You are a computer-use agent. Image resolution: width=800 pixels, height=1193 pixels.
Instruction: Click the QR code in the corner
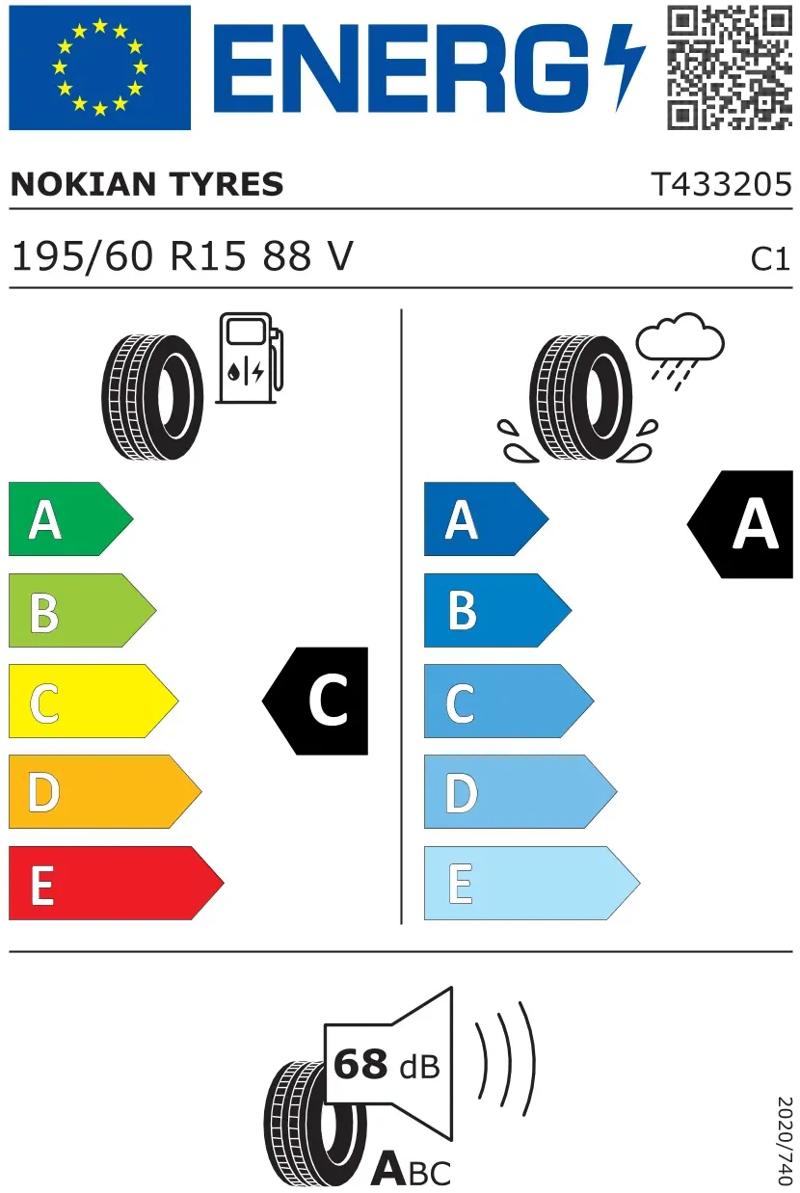pos(730,67)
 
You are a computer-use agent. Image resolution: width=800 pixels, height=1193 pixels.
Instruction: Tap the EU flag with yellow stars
pos(99,67)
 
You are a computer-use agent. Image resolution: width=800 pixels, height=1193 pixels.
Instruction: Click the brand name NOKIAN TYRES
pos(147,184)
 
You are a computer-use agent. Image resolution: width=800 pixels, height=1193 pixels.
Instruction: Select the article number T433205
pos(722,184)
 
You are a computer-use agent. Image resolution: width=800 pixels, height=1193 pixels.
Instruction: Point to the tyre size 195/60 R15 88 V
pos(182,256)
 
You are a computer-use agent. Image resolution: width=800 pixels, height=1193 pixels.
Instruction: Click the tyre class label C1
pos(770,259)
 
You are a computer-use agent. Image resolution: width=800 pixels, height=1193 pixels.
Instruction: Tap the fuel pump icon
pos(250,358)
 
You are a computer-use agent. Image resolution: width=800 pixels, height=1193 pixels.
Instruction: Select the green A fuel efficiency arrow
pos(70,518)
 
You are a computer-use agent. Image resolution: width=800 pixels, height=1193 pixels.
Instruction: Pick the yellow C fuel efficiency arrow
pos(93,701)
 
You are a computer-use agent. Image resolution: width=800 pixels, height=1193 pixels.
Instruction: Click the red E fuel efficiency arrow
pos(116,883)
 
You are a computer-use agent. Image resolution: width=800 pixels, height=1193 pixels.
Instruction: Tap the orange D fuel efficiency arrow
pos(105,791)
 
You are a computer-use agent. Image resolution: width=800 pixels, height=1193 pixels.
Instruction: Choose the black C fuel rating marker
pos(315,701)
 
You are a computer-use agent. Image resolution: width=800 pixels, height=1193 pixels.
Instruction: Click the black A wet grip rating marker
pos(740,524)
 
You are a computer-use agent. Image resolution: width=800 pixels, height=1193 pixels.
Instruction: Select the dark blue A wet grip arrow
pos(487,518)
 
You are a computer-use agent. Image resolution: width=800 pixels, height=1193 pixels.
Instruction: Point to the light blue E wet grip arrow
pos(532,883)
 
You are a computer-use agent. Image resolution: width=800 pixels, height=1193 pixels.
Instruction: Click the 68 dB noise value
pos(387,1064)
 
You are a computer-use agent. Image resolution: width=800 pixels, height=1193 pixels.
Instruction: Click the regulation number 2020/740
pos(785,1140)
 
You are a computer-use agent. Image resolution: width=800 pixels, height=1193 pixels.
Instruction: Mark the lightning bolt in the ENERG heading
pos(625,67)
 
